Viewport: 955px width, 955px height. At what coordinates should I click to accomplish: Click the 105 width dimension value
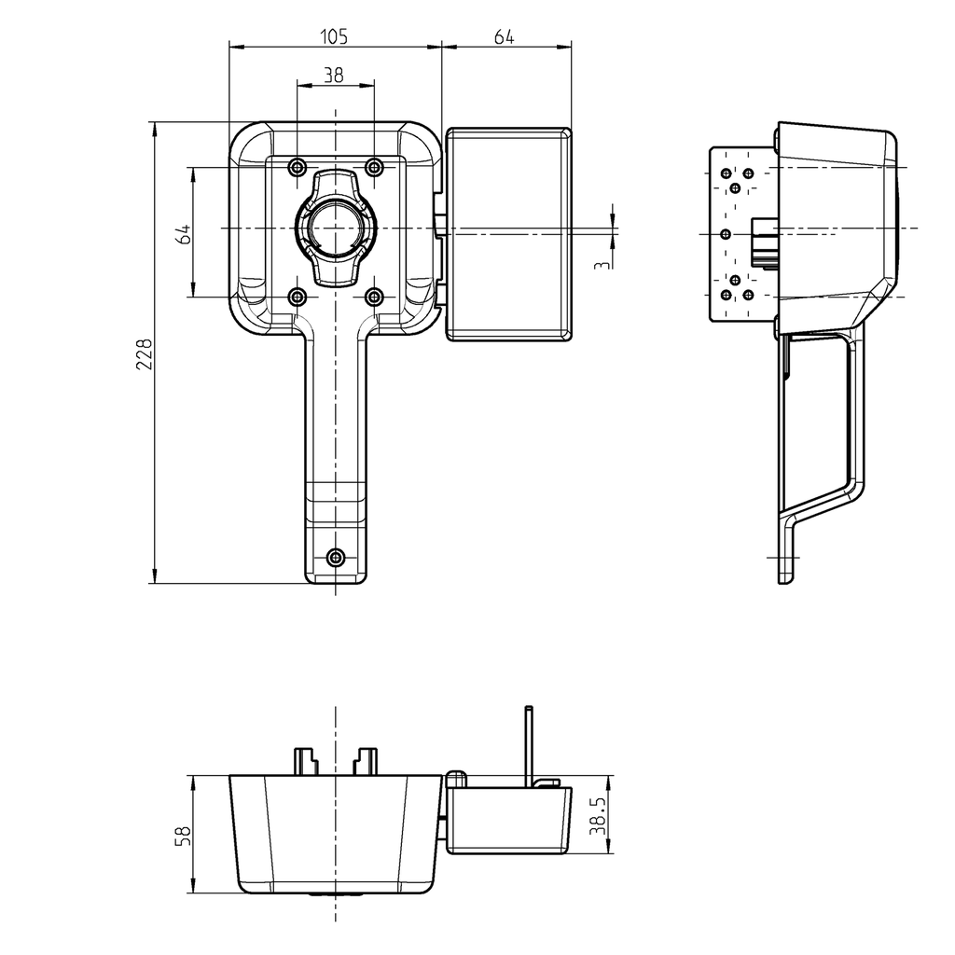[334, 36]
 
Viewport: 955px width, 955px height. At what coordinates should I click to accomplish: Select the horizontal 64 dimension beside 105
[504, 36]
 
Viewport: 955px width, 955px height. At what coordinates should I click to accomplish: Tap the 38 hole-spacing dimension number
[334, 76]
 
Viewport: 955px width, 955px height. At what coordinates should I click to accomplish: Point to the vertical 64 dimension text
[184, 233]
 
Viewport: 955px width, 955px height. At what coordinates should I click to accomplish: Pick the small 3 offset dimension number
[603, 265]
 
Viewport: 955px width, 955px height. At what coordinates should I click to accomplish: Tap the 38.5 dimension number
[599, 815]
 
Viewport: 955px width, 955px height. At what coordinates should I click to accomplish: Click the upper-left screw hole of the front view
[297, 167]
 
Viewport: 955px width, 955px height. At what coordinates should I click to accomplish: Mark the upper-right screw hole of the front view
[374, 167]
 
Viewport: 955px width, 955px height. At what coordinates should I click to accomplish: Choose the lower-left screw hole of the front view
[297, 298]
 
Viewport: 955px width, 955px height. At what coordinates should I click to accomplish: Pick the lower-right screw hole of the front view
[374, 298]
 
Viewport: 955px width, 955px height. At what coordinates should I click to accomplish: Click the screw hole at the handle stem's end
[337, 557]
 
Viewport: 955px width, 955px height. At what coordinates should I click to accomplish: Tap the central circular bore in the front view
[335, 228]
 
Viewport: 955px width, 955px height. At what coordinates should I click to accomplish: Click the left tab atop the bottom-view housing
[306, 760]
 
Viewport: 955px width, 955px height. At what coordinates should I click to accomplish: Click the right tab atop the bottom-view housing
[366, 760]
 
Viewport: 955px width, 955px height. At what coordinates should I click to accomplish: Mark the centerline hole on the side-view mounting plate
[726, 232]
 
